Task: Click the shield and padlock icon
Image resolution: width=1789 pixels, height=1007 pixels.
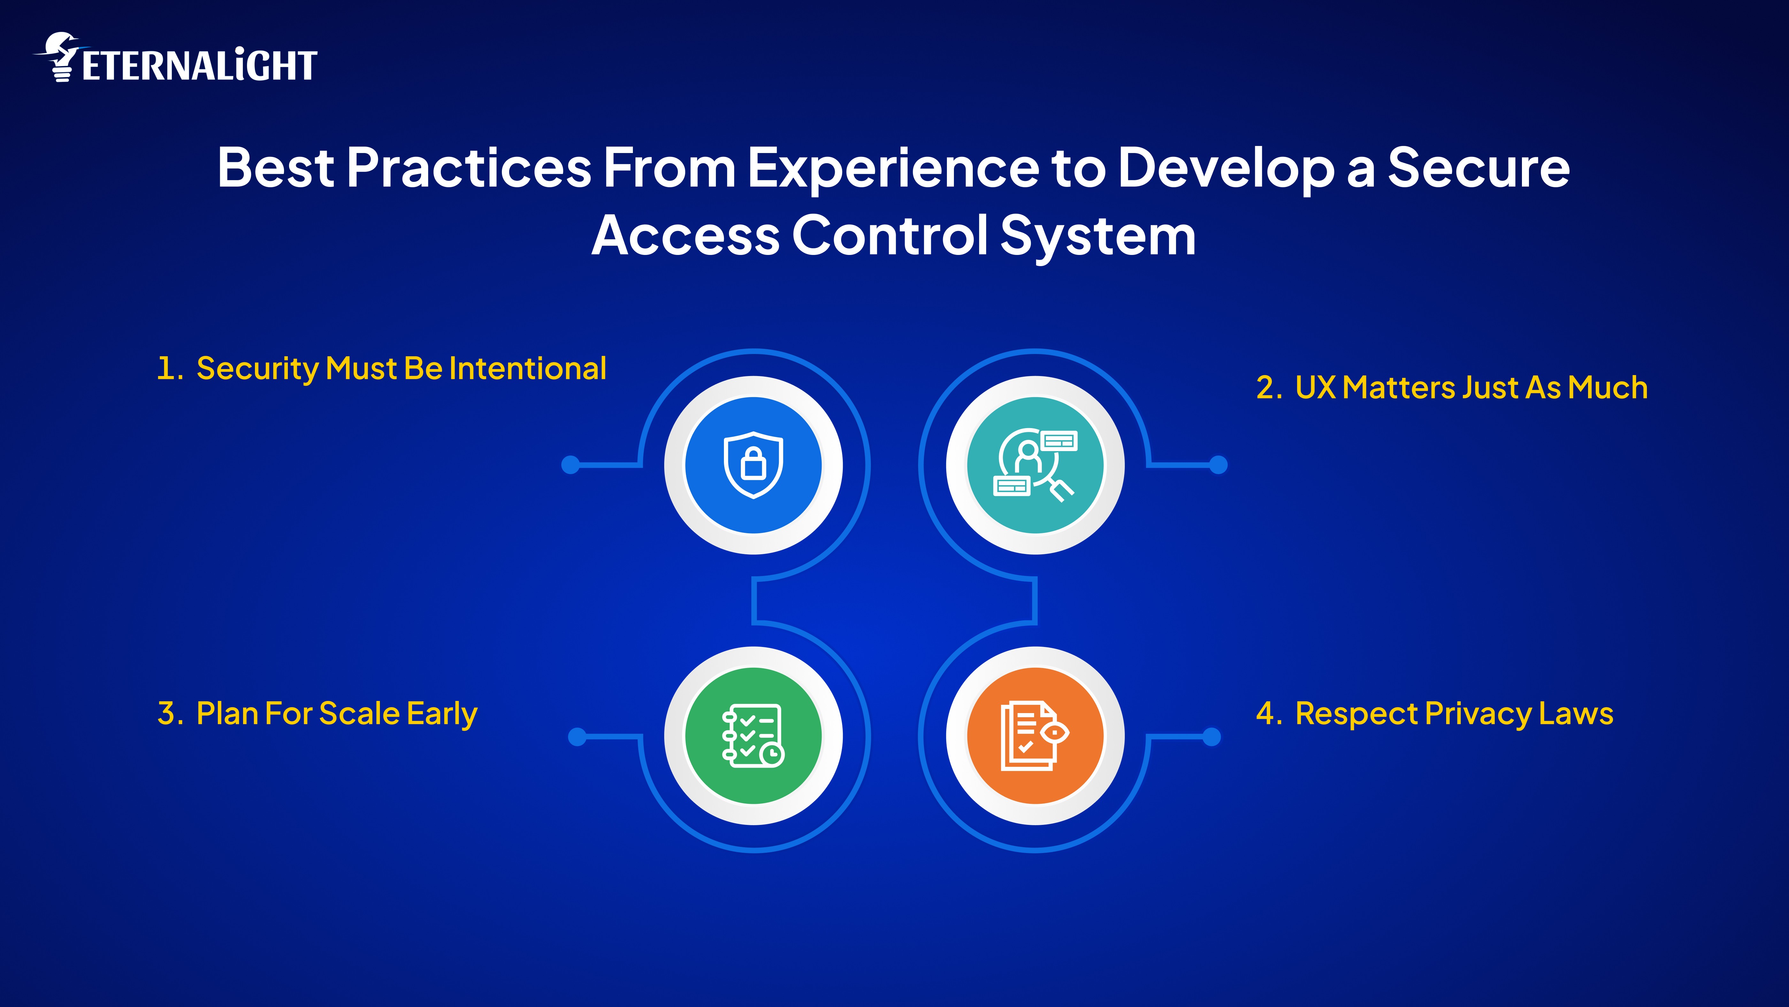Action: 754,465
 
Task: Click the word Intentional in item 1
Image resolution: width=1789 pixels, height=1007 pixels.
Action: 528,368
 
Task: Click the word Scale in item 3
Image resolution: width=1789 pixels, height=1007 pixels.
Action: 359,714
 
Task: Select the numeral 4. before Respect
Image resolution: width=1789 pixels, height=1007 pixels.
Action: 1269,714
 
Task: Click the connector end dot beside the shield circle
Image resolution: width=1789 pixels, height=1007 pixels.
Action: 570,465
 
